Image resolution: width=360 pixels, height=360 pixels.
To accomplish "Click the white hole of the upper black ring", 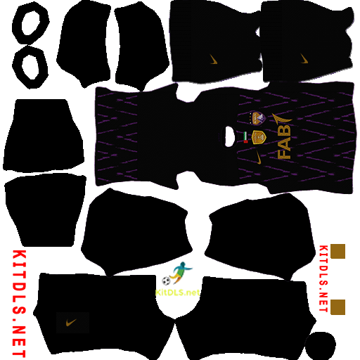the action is coord(31,23).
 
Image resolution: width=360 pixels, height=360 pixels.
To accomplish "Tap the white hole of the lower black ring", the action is coord(30,67).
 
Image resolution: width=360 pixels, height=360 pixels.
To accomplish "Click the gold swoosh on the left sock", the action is coord(213,59).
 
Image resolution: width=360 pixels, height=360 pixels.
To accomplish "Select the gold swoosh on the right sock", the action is coord(304,58).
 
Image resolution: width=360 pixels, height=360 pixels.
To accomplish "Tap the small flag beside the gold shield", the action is coord(245,137).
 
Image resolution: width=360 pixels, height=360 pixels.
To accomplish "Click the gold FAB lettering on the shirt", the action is coord(284,143).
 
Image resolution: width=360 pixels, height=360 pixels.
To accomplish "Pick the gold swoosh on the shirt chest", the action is coord(258,157).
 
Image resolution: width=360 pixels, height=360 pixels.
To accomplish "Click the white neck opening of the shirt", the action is coord(229,136).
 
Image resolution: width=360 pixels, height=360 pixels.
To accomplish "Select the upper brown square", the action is coord(337,251).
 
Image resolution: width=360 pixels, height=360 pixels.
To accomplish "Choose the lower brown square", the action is coord(337,307).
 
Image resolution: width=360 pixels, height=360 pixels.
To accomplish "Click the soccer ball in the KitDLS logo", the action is coord(166,281).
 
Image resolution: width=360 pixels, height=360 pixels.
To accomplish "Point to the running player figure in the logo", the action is coord(181,272).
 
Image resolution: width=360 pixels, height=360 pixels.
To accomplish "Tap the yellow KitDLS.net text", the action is coord(177,292).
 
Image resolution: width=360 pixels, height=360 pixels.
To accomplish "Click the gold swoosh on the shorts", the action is coord(71,323).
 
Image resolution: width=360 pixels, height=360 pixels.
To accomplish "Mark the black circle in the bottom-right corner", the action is coord(321,346).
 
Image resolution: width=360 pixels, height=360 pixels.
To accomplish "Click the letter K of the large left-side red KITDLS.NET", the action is coord(19,258).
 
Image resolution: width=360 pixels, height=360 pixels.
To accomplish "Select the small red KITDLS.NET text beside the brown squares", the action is coord(323,278).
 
